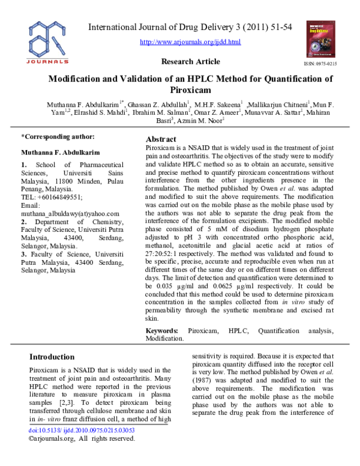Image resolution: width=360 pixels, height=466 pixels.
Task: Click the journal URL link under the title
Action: pyautogui.click(x=190, y=42)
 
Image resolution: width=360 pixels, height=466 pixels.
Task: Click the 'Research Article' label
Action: pyautogui.click(x=191, y=62)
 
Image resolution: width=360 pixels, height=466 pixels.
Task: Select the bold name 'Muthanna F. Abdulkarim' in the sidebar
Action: pyautogui.click(x=58, y=151)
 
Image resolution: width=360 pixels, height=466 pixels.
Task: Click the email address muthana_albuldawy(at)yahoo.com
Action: pyautogui.click(x=70, y=213)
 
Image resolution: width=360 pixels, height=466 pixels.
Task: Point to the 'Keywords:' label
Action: pyautogui.click(x=162, y=331)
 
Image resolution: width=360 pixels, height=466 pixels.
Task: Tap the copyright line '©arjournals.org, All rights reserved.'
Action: pyautogui.click(x=82, y=456)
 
